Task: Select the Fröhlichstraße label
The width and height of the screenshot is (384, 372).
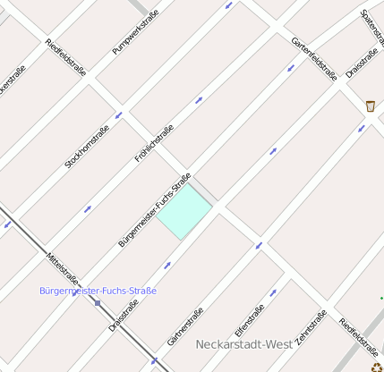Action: click(x=154, y=143)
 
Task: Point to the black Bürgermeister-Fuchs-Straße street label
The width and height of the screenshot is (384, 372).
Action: click(x=155, y=210)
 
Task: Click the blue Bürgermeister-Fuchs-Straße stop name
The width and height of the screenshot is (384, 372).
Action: click(x=98, y=291)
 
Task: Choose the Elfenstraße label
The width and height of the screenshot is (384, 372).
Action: click(x=251, y=320)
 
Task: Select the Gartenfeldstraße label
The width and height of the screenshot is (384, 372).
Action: click(x=315, y=59)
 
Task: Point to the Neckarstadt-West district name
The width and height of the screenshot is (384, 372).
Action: click(x=243, y=344)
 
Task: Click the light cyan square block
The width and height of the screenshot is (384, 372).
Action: click(x=185, y=212)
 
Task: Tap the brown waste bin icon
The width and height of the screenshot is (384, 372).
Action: click(x=370, y=106)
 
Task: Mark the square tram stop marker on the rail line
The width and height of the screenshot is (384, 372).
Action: click(x=98, y=303)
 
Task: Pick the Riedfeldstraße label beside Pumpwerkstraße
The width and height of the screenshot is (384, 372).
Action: click(x=65, y=56)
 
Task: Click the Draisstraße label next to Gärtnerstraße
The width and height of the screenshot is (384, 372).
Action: click(x=124, y=317)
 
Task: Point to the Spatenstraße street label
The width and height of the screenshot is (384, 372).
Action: click(x=371, y=27)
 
